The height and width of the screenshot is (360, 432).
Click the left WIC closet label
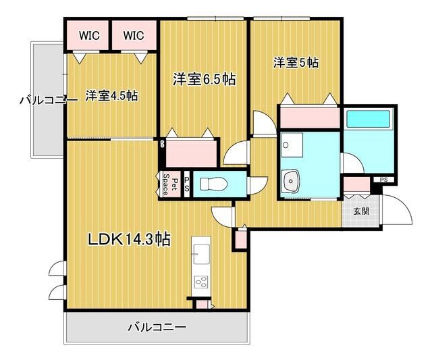tap(89, 35)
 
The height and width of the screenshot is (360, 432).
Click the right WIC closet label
tap(134, 35)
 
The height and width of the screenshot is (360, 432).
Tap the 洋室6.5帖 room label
tap(204, 80)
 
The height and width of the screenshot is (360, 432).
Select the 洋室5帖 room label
tap(296, 63)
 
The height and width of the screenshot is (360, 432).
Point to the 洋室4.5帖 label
tap(112, 96)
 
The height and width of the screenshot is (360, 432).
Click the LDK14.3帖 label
tap(129, 239)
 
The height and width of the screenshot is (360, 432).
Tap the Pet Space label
tap(170, 184)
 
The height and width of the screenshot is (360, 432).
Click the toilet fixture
tap(213, 184)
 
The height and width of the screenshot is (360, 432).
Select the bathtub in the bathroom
tap(368, 119)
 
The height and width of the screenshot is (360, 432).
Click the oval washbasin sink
tap(290, 181)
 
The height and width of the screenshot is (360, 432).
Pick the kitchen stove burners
tap(201, 282)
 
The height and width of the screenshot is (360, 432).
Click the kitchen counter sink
tap(201, 254)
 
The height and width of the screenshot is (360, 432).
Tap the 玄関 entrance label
tap(361, 211)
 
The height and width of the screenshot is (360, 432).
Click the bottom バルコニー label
tap(157, 328)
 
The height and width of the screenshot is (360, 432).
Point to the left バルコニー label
tap(49, 101)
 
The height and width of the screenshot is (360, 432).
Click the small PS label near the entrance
tap(383, 180)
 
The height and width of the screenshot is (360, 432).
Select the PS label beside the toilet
tap(187, 184)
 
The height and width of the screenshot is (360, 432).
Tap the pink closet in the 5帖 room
tap(310, 118)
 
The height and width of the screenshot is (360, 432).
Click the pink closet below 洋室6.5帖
tap(191, 154)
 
